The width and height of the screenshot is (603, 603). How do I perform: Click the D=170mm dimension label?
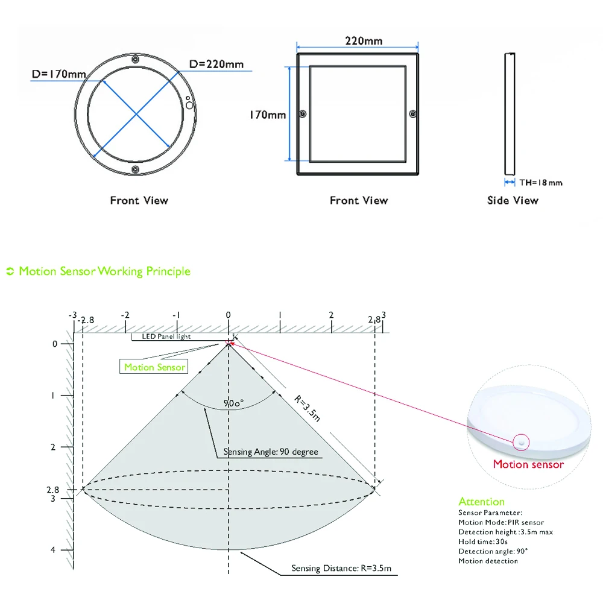59,74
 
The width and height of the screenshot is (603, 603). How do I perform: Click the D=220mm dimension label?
216,65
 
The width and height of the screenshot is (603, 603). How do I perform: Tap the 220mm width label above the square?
364,41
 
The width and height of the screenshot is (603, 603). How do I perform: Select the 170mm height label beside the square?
268,115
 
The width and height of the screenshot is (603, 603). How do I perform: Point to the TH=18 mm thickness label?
541,183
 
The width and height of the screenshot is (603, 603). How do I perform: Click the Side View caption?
513,200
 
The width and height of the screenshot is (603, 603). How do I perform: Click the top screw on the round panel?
135,59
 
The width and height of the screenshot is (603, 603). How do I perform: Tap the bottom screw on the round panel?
135,169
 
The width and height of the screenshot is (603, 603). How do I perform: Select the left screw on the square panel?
303,114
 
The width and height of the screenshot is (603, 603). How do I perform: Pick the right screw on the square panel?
412,114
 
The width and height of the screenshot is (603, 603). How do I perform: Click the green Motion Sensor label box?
154,367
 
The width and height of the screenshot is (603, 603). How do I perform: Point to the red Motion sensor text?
528,464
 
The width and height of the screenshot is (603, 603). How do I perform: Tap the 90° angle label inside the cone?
233,403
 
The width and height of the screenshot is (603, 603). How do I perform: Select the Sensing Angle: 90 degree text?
271,452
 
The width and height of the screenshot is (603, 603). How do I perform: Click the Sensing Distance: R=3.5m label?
341,568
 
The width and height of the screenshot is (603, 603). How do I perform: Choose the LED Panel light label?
166,336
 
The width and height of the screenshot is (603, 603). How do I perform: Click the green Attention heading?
481,502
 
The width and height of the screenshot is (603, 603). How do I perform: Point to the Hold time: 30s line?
483,541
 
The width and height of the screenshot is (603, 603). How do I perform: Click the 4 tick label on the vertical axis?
53,550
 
